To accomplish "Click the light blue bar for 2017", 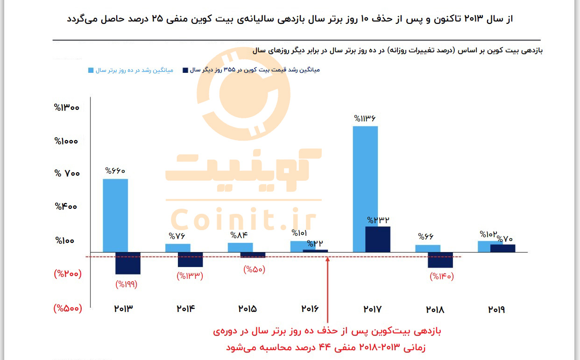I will point(365,189).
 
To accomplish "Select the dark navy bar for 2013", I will point(128,263).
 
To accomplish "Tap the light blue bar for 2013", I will point(115,215).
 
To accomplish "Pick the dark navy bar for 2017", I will point(378,239).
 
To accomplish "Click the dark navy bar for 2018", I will point(440,260).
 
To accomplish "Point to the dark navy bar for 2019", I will point(502,248).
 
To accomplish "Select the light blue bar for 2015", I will point(240,247).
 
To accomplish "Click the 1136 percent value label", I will point(365,119).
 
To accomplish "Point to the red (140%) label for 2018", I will point(441,276).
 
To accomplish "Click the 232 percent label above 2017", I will point(378,220).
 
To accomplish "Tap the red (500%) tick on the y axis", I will point(68,308).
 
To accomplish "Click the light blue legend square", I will point(91,70).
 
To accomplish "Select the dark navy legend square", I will point(185,70).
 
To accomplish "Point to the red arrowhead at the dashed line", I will point(327,258).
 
